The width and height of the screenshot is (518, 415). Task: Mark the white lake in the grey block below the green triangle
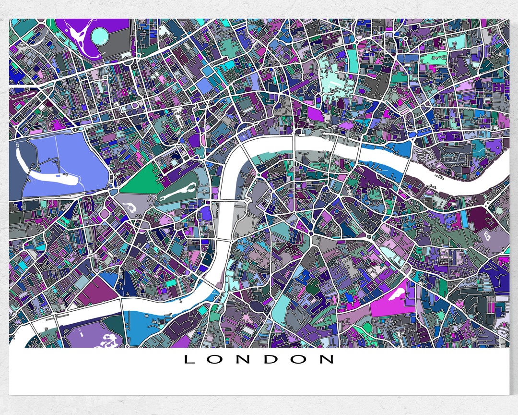(129, 207)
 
